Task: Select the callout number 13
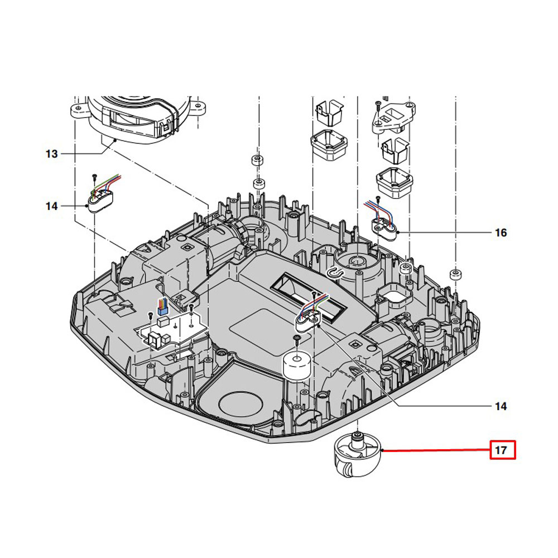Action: click(x=51, y=153)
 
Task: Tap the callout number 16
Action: click(x=501, y=232)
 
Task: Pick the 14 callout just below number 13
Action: click(x=51, y=206)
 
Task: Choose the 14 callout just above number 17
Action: click(x=501, y=406)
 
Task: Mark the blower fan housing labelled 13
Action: click(x=134, y=117)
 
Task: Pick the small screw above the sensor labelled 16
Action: click(x=378, y=198)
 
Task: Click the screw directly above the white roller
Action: click(x=296, y=338)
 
